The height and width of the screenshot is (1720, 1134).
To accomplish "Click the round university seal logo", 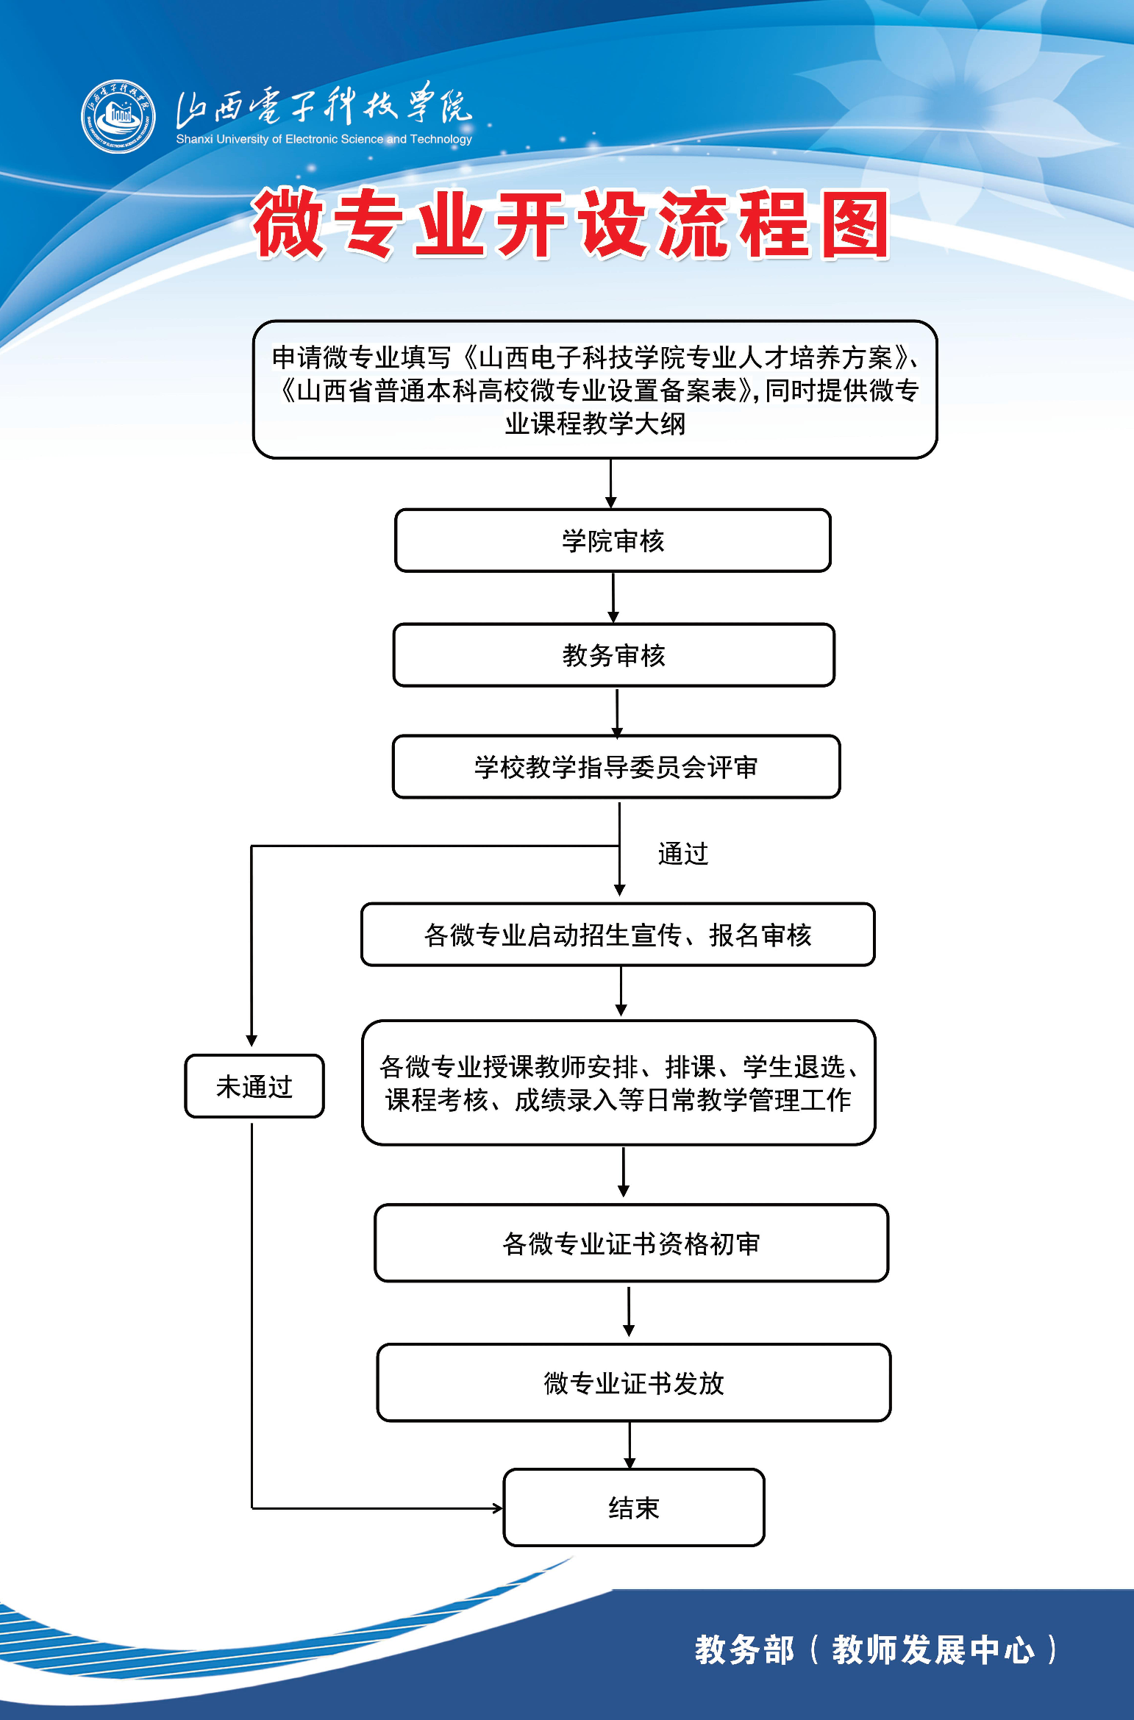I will [x=118, y=116].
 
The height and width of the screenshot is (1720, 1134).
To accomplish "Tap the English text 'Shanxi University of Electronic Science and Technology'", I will [x=324, y=139].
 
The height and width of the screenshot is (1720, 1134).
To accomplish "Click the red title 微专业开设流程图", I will [x=571, y=224].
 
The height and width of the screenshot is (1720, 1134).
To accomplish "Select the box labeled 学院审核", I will [x=613, y=540].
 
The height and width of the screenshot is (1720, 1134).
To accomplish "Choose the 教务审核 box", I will [x=613, y=655].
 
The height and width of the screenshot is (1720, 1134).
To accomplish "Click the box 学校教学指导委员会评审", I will [x=616, y=767].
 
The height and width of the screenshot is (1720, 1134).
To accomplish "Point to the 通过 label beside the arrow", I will [x=682, y=854].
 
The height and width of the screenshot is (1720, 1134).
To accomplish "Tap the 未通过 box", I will [x=254, y=1086].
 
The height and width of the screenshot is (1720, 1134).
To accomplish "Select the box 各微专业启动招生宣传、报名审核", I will [x=618, y=935].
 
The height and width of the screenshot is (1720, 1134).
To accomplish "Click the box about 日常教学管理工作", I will [x=618, y=1082].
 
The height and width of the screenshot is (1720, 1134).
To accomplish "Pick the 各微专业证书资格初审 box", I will [x=631, y=1243].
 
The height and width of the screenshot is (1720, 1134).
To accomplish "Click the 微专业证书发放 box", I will [x=633, y=1383].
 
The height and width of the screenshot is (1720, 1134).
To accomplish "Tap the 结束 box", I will [x=633, y=1508].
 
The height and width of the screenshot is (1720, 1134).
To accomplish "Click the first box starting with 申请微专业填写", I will [x=594, y=390].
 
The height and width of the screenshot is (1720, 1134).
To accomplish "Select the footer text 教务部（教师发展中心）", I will [x=875, y=1649].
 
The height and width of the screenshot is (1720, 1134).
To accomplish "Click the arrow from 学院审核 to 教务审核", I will [x=613, y=597].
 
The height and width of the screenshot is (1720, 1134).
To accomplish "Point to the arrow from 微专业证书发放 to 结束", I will [x=630, y=1445].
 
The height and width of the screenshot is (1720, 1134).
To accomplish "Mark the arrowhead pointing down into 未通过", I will [x=252, y=1041].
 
